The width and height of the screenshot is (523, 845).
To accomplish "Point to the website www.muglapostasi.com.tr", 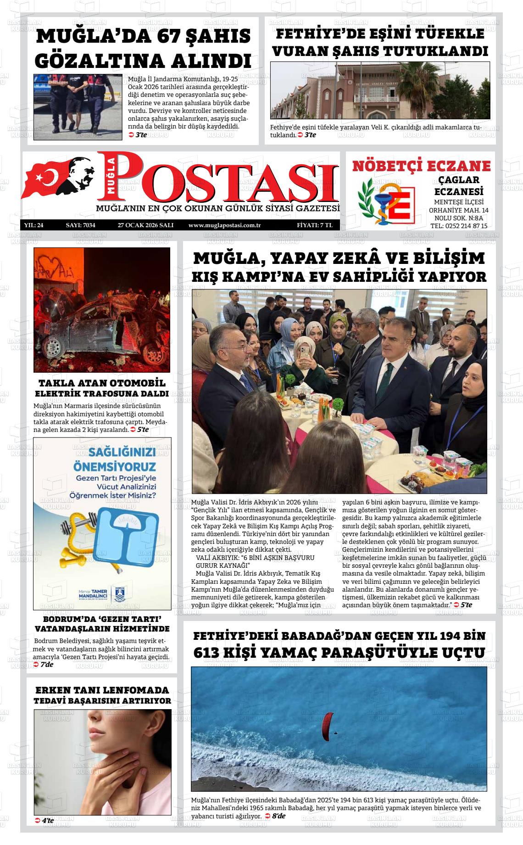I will point(225,225).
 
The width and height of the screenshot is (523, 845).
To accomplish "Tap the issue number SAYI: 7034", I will point(80,225).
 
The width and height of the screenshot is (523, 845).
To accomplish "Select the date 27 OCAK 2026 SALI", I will point(145,225).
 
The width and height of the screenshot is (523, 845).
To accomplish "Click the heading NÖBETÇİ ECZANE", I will point(421,166).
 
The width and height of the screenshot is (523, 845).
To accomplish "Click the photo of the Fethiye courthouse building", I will point(380,91).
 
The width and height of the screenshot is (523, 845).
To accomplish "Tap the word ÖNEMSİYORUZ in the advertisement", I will point(115,467).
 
